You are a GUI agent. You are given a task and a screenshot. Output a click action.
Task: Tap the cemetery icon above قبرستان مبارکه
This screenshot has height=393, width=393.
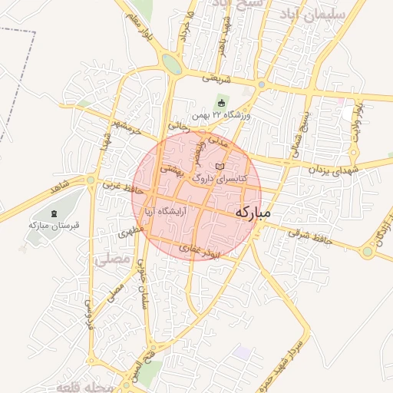[x=53, y=213]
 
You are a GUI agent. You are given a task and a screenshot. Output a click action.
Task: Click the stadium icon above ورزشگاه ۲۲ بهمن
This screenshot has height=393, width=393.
[x=222, y=103]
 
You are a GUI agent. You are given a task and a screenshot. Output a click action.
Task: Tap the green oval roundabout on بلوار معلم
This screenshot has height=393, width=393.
[x=172, y=64]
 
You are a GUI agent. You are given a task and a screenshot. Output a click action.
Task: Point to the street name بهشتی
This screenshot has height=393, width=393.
[x=170, y=168]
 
